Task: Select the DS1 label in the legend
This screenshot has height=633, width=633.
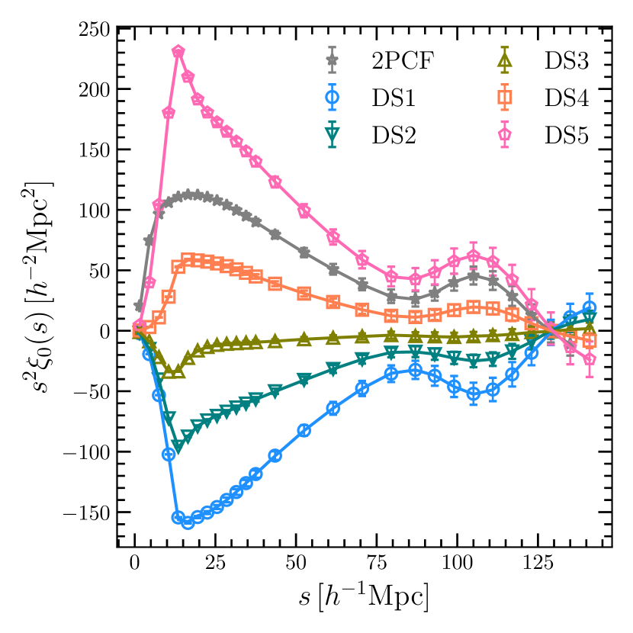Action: tap(396, 98)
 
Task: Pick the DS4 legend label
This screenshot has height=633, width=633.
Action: tap(567, 98)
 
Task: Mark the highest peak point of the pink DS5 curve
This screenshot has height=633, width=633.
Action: tap(178, 52)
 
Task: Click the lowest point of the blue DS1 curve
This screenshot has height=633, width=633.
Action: tap(188, 522)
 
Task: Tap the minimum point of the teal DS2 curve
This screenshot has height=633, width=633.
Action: tap(178, 446)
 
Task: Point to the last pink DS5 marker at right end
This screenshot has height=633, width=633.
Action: tap(589, 359)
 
